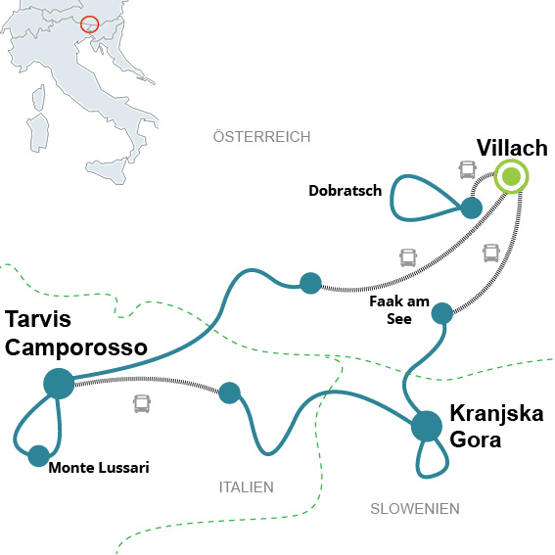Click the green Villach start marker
pyautogui.click(x=512, y=176)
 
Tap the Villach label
pyautogui.click(x=512, y=147)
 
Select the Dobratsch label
pyautogui.click(x=346, y=191)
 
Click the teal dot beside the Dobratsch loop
pyautogui.click(x=471, y=208)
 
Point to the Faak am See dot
pyautogui.click(x=442, y=313)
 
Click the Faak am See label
pyautogui.click(x=399, y=310)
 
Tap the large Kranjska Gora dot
pyautogui.click(x=427, y=426)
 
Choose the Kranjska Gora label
pyautogui.click(x=496, y=427)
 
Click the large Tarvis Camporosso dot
pyautogui.click(x=59, y=384)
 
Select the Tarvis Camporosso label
pyautogui.click(x=75, y=333)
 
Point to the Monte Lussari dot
pyautogui.click(x=38, y=456)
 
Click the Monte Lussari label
pyautogui.click(x=99, y=468)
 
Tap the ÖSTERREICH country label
pyautogui.click(x=261, y=137)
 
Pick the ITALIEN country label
pyautogui.click(x=247, y=487)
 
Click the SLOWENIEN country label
pyautogui.click(x=415, y=509)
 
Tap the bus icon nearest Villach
pyautogui.click(x=467, y=170)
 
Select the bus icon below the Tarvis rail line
pyautogui.click(x=142, y=404)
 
